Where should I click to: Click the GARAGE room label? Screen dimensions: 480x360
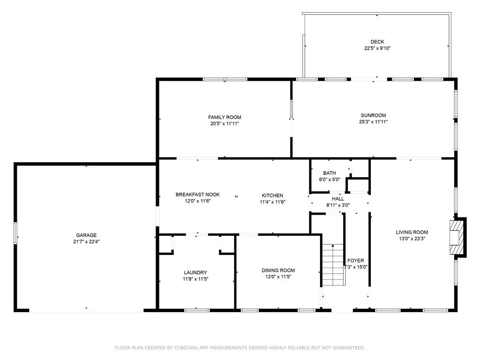point(86,235)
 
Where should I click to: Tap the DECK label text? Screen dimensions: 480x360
point(377,42)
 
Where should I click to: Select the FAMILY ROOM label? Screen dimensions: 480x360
point(225,117)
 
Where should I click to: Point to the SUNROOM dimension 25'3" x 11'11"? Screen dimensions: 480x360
point(373,122)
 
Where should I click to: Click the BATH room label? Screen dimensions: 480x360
point(330,173)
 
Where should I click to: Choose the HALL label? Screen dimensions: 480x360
point(338,199)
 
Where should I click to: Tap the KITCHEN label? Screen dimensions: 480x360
point(272,195)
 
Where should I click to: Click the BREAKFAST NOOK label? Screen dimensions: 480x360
point(197,195)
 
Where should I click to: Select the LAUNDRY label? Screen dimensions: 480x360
point(195,272)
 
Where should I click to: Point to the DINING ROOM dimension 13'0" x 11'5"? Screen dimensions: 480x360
point(278,277)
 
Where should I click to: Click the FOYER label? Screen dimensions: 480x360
point(355,261)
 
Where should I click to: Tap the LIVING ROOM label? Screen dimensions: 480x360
point(412,232)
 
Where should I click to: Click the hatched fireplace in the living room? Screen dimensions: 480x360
point(457,237)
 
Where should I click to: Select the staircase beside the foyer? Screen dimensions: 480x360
point(333,265)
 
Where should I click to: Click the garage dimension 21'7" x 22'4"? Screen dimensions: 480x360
point(86,241)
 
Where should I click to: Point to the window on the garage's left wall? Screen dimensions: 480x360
point(15,233)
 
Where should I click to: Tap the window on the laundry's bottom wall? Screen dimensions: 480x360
point(197,310)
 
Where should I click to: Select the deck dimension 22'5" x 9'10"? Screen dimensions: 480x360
point(377,48)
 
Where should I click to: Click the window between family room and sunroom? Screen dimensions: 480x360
point(292,108)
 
